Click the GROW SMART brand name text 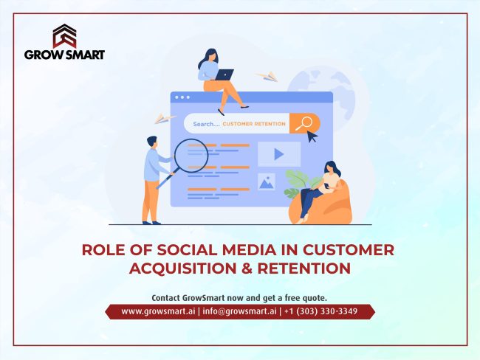pos(64,55)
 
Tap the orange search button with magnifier pos(304,123)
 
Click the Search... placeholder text pos(206,125)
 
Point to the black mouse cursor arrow pos(312,136)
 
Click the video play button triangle pos(278,154)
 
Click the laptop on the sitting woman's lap pos(224,74)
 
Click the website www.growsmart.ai pos(153,311)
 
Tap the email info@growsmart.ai pos(239,311)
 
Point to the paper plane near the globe pos(266,75)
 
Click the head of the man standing pos(151,141)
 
